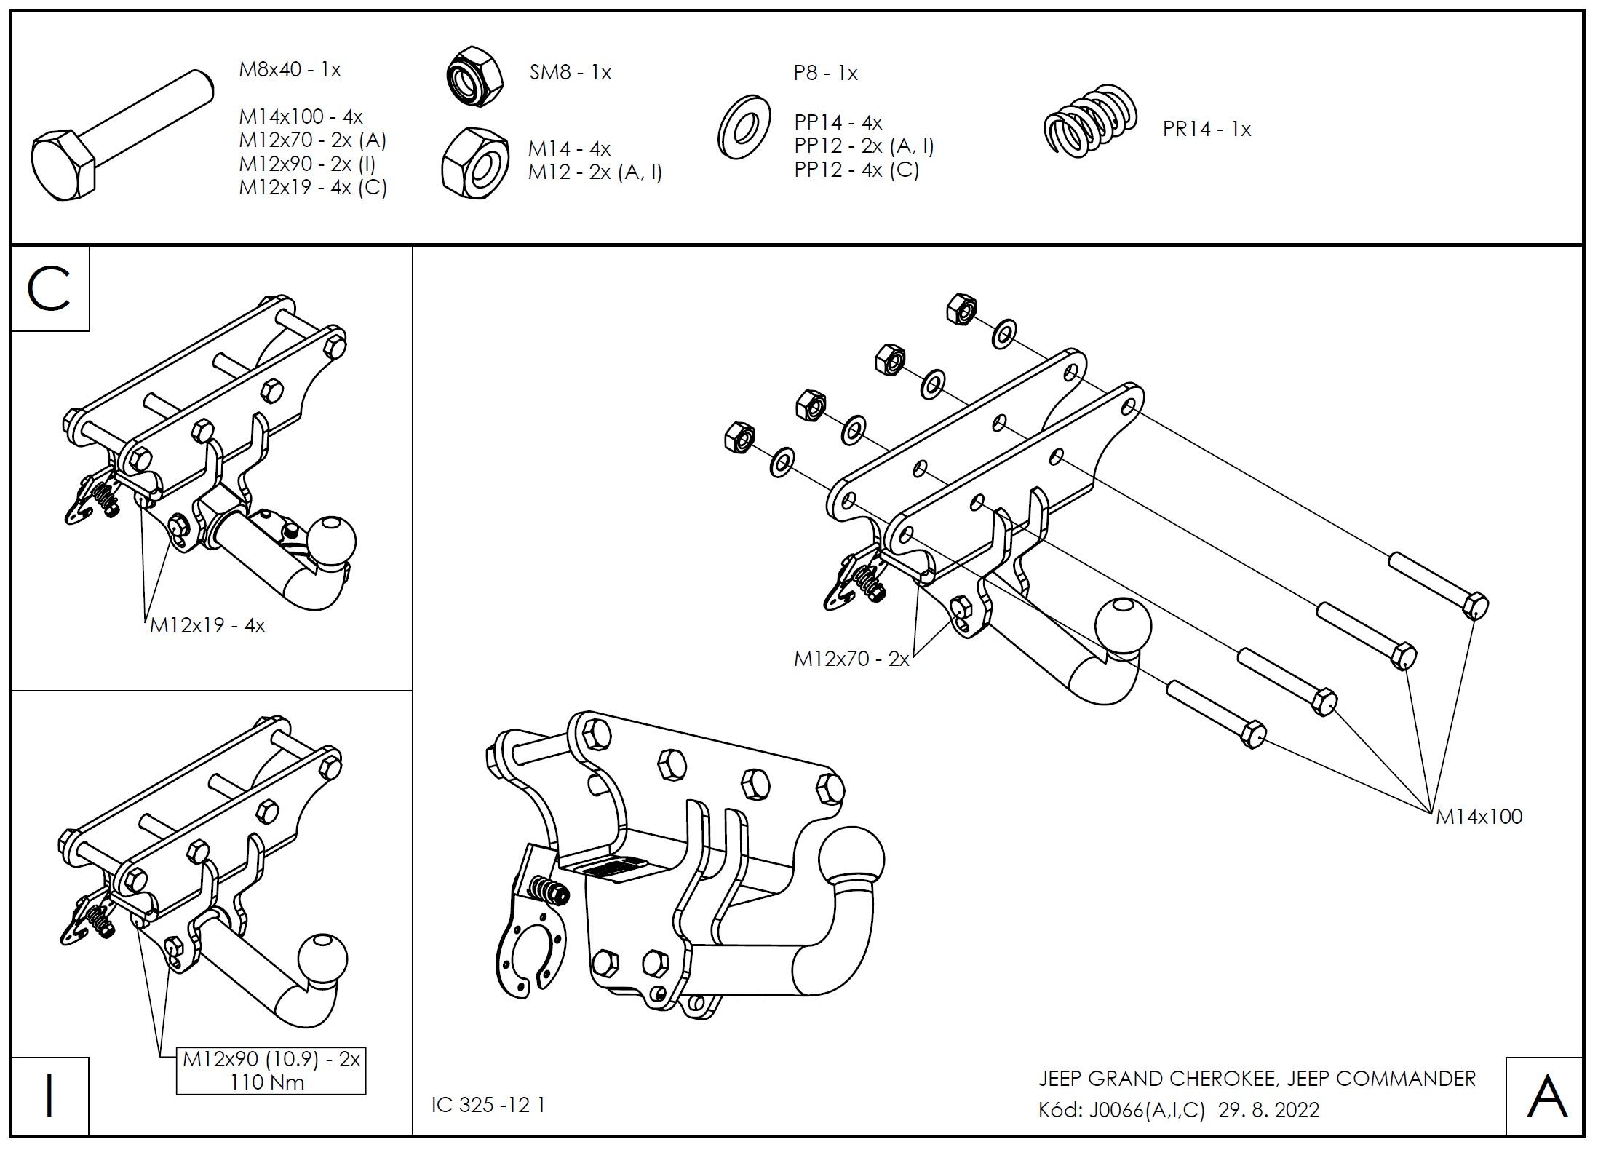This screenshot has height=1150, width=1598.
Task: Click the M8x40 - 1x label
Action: [290, 70]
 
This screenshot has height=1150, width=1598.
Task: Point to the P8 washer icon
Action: [744, 127]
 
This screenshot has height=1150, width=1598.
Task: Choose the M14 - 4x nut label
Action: [569, 148]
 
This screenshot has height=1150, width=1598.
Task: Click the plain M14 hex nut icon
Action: [475, 162]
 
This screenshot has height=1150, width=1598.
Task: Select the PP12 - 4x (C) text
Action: [856, 170]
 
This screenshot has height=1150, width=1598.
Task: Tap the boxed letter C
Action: [49, 289]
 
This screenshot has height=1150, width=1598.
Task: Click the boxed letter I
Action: [49, 1096]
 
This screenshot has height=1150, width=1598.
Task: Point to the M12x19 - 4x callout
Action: [207, 625]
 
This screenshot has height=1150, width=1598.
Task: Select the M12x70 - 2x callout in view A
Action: [851, 659]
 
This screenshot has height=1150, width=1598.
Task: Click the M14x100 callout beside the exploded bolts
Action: [1478, 817]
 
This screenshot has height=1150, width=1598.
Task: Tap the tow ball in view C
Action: [332, 541]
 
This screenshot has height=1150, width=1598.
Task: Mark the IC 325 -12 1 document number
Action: [488, 1105]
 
